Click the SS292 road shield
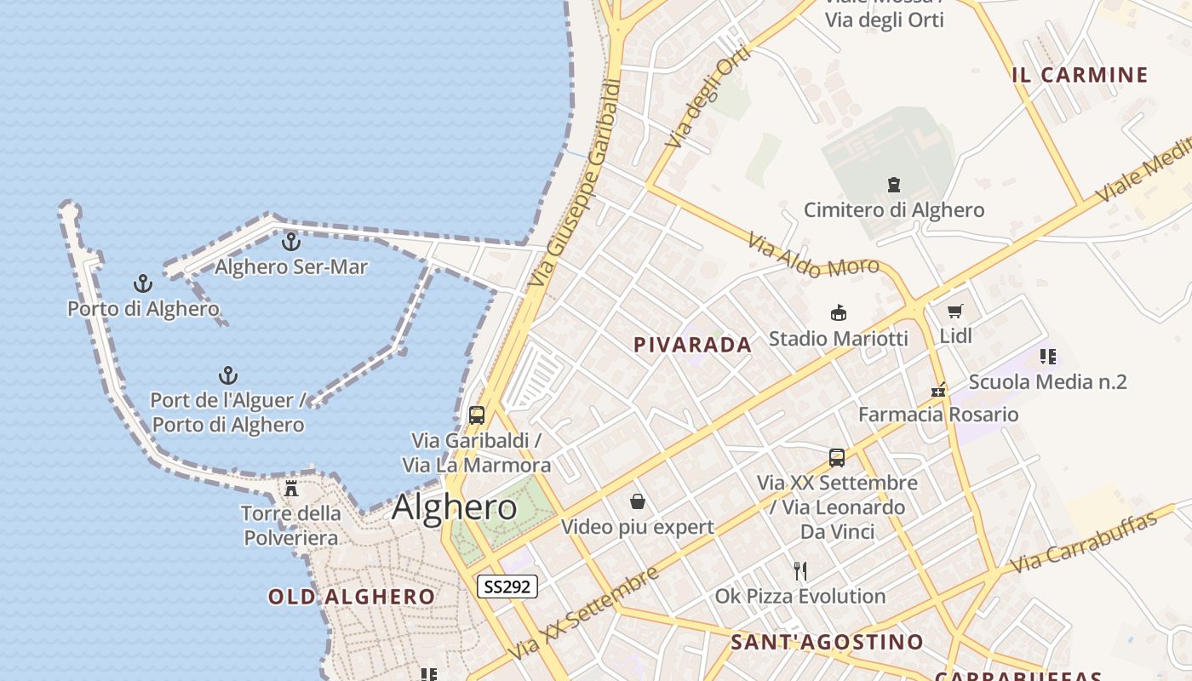[507, 587]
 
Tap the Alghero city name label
[454, 507]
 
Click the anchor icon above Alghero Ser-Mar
[291, 243]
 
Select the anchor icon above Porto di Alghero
[143, 283]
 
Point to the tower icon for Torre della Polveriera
[291, 489]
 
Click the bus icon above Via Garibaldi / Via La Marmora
[477, 415]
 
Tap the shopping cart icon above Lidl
[955, 312]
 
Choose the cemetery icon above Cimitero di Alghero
[894, 184]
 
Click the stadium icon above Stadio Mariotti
[839, 313]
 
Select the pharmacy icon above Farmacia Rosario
[938, 391]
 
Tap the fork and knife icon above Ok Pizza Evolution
[799, 570]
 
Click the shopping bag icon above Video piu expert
[638, 501]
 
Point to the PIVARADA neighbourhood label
[692, 345]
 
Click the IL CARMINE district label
[1080, 75]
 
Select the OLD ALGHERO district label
[352, 597]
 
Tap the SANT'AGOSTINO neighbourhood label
[827, 642]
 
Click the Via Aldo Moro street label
[813, 256]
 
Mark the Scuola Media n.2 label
[1047, 382]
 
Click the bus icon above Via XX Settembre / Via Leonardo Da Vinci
[837, 458]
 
